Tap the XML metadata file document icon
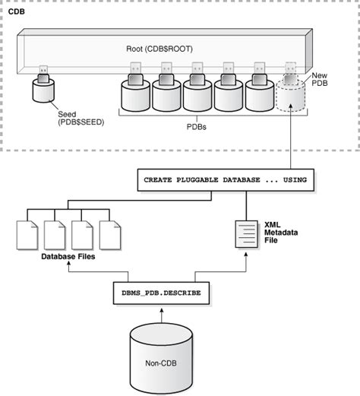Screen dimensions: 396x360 245,233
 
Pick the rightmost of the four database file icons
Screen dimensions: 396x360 110,234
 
